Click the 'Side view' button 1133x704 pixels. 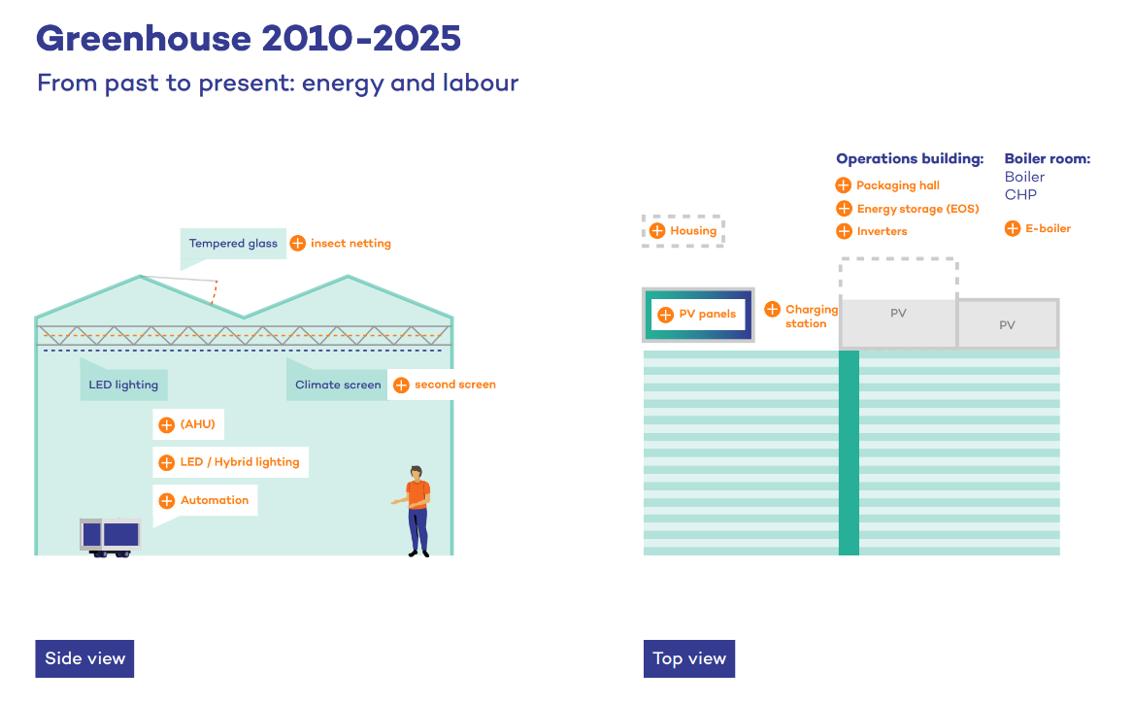[x=84, y=658]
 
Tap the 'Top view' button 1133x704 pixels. [x=688, y=658]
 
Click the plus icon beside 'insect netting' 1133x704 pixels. [x=298, y=243]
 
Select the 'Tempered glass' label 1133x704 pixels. [x=233, y=244]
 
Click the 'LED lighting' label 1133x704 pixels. [x=123, y=385]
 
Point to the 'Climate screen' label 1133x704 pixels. [x=338, y=385]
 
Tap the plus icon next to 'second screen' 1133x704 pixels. [x=401, y=386]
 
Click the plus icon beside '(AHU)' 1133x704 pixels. [x=166, y=424]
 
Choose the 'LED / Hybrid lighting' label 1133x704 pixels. [x=240, y=462]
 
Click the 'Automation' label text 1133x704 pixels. [x=215, y=500]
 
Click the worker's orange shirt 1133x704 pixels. [x=417, y=494]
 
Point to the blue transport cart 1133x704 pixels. [x=111, y=535]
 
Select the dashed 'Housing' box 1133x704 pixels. [x=683, y=231]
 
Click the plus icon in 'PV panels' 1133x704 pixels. [x=665, y=315]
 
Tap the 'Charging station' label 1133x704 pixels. [x=811, y=317]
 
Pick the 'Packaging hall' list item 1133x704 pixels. [x=898, y=185]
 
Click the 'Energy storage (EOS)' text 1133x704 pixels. [x=917, y=209]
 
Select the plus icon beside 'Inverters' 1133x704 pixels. [x=844, y=231]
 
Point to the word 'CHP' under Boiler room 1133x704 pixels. [x=1020, y=194]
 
